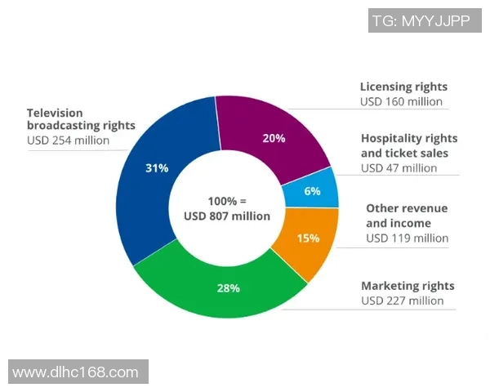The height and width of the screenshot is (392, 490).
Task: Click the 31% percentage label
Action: pyautogui.click(x=157, y=168)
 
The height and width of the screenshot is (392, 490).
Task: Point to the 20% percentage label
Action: pyautogui.click(x=274, y=138)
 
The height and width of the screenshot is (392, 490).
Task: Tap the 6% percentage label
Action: pyautogui.click(x=312, y=190)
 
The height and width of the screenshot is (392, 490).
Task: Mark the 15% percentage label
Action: pyautogui.click(x=308, y=238)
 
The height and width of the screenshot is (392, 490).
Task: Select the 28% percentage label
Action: pyautogui.click(x=228, y=287)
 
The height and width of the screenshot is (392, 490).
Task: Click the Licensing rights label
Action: pyautogui.click(x=403, y=87)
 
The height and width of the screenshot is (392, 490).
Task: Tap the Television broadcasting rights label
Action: pyautogui.click(x=81, y=119)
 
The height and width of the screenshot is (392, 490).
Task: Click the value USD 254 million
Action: pyautogui.click(x=68, y=140)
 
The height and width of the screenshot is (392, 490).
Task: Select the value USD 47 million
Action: pyautogui.click(x=399, y=168)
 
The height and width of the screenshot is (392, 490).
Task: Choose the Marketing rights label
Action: pyautogui.click(x=408, y=286)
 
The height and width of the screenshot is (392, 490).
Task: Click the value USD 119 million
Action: pyautogui.click(x=407, y=238)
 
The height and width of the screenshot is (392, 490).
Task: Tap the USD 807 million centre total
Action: pyautogui.click(x=227, y=216)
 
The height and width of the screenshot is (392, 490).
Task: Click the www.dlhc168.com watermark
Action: pyautogui.click(x=76, y=372)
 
